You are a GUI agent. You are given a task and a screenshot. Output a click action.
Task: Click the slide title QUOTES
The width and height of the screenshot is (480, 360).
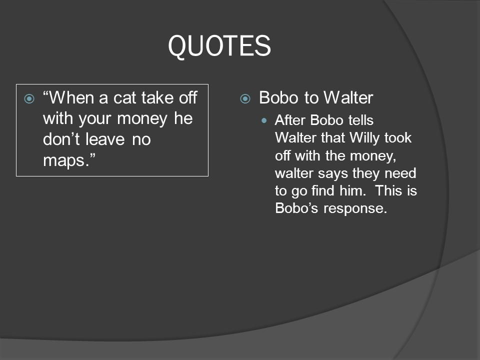coord(219,46)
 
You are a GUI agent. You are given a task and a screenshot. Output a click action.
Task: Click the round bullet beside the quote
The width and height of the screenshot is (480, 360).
coord(29,98)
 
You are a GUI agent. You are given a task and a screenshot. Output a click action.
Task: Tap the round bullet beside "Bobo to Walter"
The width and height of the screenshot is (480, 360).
coord(245,98)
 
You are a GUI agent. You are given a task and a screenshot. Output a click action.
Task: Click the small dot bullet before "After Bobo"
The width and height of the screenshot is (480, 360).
coord(265,120)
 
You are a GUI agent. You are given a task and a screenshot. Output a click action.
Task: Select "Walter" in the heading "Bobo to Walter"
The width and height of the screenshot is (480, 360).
coord(348,97)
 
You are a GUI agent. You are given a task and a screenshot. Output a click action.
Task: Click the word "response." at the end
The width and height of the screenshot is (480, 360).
coord(355,208)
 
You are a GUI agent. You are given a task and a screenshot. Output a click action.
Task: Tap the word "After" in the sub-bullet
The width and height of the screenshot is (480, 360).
coord(289,120)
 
